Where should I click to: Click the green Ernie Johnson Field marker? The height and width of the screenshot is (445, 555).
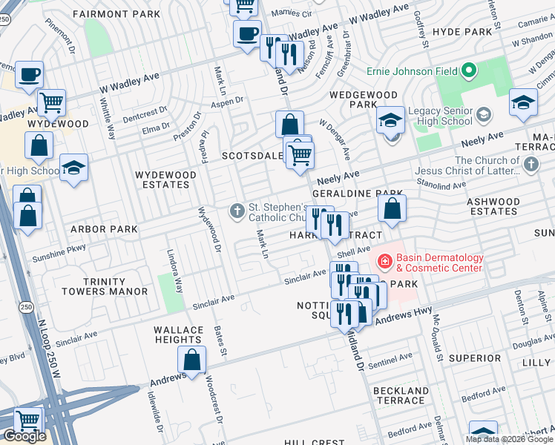click(x=468, y=72)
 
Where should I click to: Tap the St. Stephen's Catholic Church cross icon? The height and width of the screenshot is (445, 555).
click(x=237, y=211)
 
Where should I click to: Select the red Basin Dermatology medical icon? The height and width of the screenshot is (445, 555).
click(x=385, y=261)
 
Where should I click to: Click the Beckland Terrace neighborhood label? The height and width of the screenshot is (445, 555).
click(x=400, y=395)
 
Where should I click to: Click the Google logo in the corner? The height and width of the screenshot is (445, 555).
click(x=24, y=436)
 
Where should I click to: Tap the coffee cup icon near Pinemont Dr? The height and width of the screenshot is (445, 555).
click(x=29, y=75)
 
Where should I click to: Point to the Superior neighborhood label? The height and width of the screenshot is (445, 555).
click(x=474, y=358)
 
